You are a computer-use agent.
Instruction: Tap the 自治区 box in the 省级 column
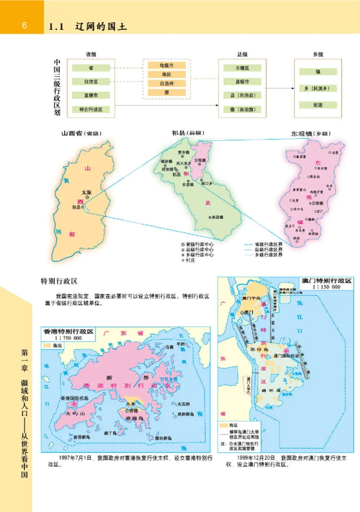pos(91,82)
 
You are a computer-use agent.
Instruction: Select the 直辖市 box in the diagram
pos(91,95)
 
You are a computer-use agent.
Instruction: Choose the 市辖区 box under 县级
pos(242,68)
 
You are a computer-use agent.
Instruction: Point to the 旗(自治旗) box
pos(242,109)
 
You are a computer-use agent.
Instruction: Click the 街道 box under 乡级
pos(318,105)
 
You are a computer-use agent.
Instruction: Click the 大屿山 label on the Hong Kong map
pos(71,412)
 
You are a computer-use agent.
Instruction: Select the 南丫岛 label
pos(110,433)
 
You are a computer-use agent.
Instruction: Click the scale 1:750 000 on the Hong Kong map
pos(68,338)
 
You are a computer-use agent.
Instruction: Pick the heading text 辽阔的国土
pos(102,27)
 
